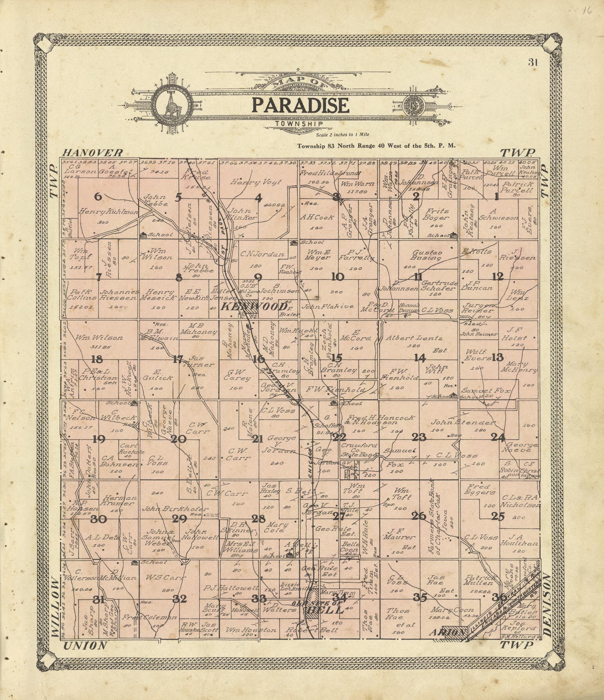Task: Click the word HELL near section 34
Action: [325, 610]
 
